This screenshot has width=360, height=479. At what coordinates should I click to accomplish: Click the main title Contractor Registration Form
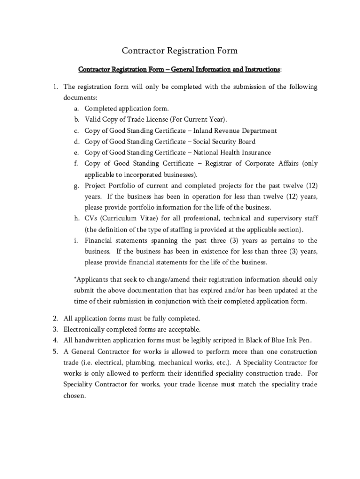coord(180,51)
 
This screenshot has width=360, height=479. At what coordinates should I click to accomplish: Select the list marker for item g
coord(76,186)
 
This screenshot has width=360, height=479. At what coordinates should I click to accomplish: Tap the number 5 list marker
coord(55,351)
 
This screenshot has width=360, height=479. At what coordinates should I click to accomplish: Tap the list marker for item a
coord(76,109)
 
